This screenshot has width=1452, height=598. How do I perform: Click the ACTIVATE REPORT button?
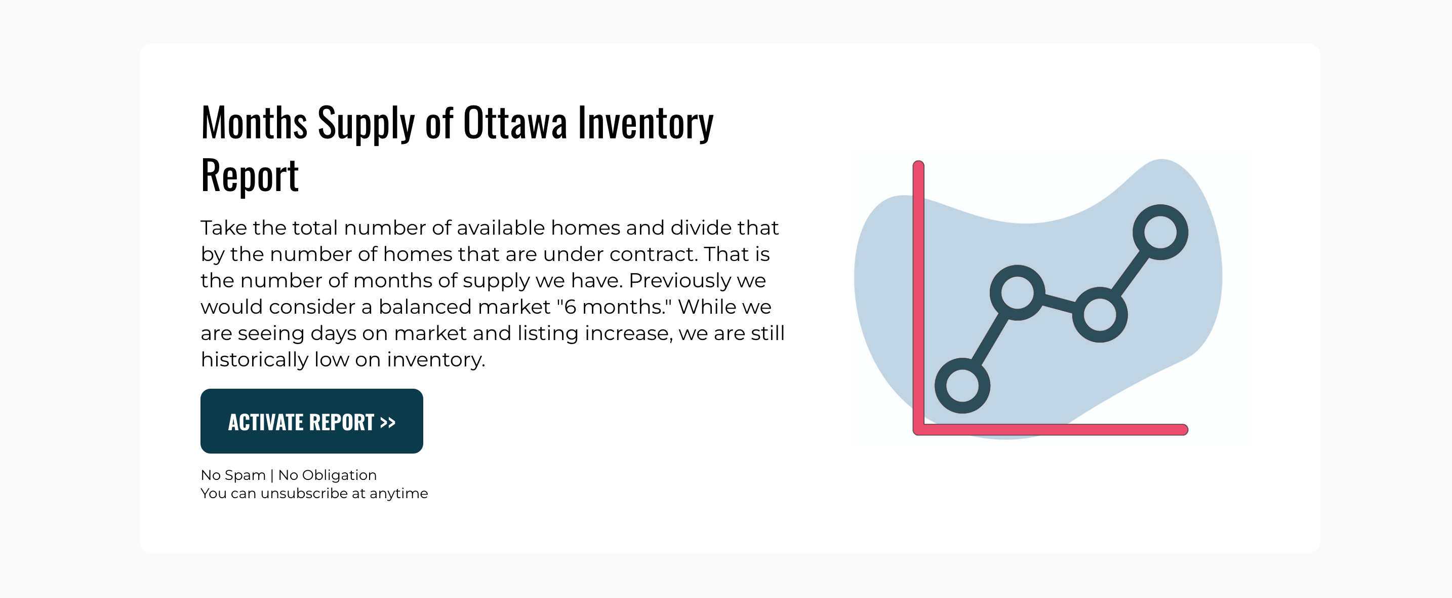point(312,421)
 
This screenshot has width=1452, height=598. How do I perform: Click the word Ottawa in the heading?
point(514,123)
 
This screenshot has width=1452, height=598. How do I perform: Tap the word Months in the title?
point(254,123)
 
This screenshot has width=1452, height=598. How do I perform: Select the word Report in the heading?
point(250,175)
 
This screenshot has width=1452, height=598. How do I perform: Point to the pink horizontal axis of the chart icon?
point(1051,430)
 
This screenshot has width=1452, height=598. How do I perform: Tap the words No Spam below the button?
point(233,475)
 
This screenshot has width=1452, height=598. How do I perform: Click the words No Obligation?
point(328,475)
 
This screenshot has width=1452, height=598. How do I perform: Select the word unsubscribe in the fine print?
point(304,493)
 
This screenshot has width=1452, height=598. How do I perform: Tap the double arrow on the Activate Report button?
point(388,422)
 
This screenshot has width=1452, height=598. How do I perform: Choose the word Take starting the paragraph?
point(224,228)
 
